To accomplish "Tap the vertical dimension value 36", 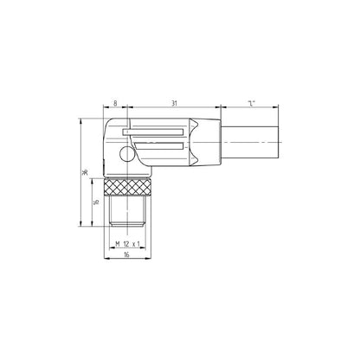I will tap(85, 171).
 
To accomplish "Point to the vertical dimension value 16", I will tap(96, 204).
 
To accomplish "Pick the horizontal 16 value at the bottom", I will tap(126, 256).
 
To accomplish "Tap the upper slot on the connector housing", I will tap(160, 132).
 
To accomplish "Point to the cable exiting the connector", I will tap(251, 140).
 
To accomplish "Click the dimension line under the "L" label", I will tap(250, 108).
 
